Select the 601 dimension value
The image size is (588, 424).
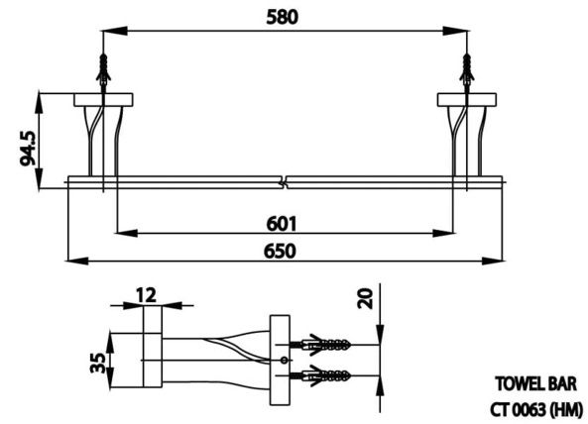[x=282, y=222]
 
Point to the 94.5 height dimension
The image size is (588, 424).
[x=28, y=140]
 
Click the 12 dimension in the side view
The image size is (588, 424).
[x=147, y=294]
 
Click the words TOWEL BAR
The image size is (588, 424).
[x=533, y=382]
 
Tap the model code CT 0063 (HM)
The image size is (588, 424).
[x=532, y=406]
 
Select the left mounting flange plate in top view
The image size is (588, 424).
[x=103, y=98]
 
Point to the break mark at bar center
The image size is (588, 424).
[x=285, y=181]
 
